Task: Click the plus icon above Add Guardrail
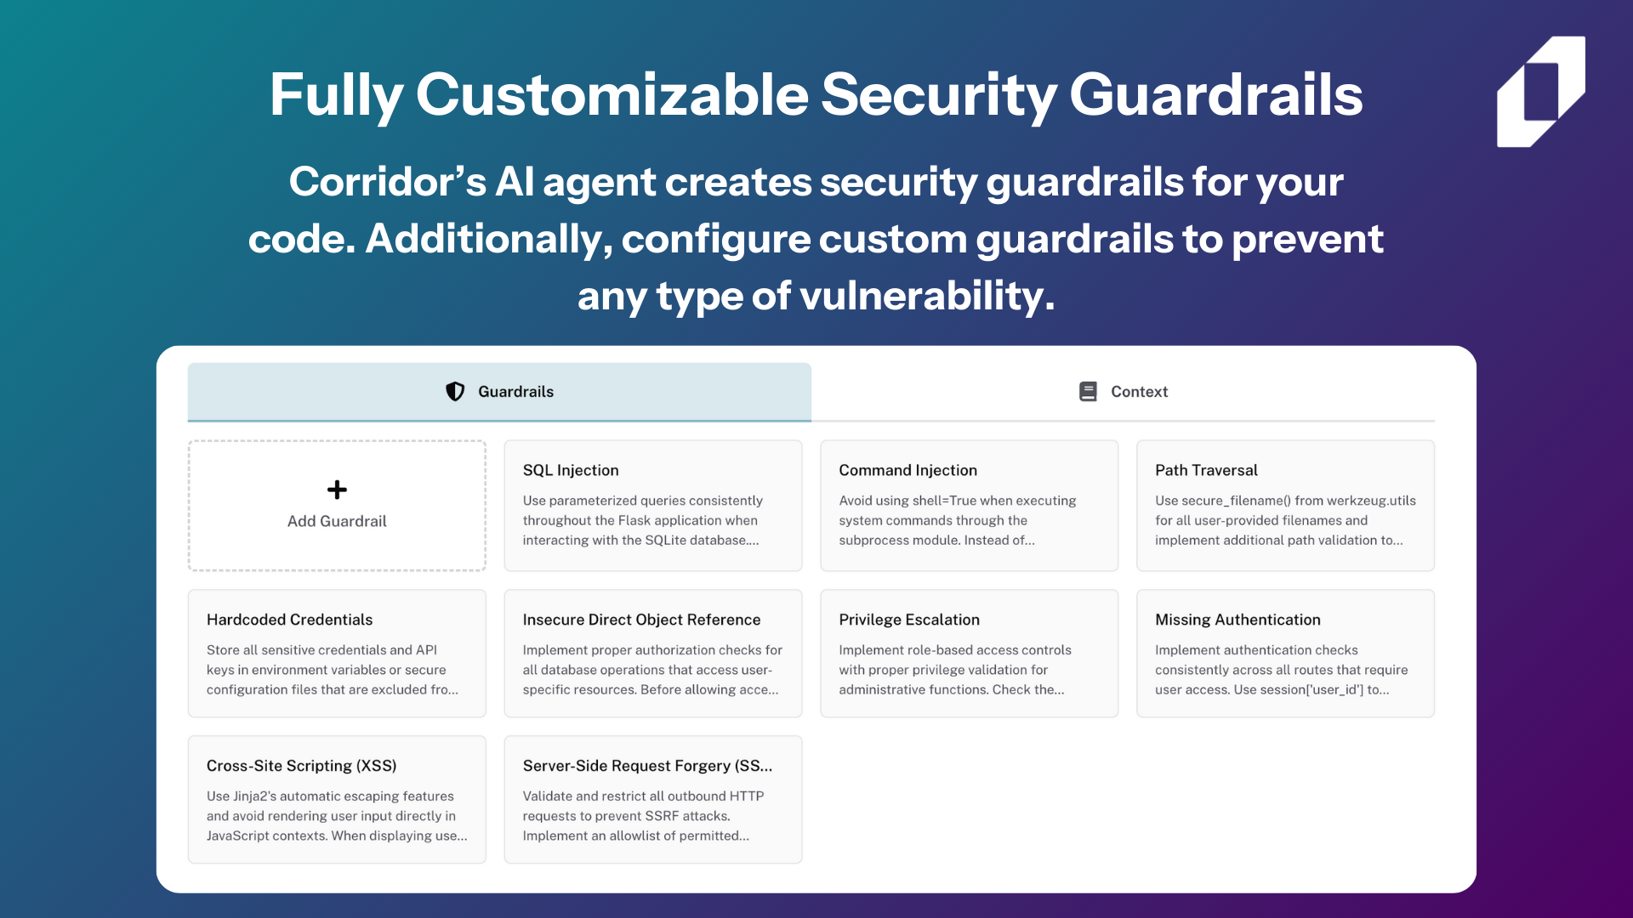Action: [337, 490]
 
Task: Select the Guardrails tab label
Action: [515, 392]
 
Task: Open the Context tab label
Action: [1139, 392]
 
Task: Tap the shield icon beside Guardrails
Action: [455, 391]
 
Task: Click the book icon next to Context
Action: [1088, 391]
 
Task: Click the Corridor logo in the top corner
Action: [1540, 92]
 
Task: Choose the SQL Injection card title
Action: [571, 470]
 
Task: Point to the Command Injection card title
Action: [908, 470]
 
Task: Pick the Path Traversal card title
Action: [1206, 470]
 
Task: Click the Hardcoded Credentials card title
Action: [289, 620]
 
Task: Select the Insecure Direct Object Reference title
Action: [641, 620]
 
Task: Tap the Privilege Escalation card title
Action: [909, 620]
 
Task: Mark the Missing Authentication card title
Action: [1238, 620]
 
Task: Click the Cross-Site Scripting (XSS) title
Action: [301, 766]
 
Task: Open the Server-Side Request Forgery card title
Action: [647, 766]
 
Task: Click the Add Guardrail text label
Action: [337, 521]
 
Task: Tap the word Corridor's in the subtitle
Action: [388, 182]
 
